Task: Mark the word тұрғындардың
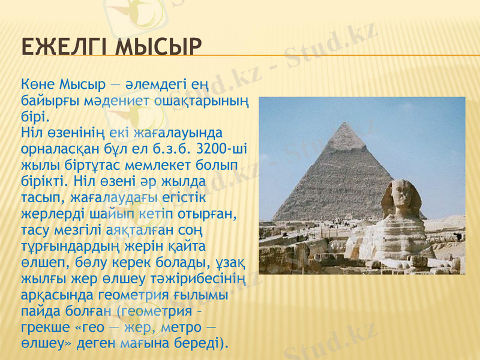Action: pos(73,245)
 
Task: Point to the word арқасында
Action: pos(53,295)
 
